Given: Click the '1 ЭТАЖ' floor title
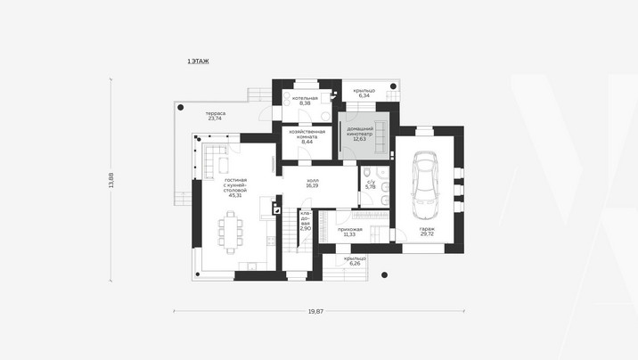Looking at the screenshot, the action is (198, 61).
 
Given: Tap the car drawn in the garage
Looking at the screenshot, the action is (424, 184).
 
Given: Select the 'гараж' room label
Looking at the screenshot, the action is (427, 229).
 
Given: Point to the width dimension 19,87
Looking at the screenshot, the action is (315, 311).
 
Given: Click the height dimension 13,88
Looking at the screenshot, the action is (111, 180).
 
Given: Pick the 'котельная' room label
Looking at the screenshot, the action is (305, 98).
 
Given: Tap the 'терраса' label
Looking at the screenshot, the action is (216, 113).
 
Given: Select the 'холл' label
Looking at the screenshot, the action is (313, 180).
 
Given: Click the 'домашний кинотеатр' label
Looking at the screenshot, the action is (360, 131).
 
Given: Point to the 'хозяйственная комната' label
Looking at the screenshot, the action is (307, 135).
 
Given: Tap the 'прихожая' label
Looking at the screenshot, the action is (350, 229).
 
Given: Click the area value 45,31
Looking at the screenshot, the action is (235, 195).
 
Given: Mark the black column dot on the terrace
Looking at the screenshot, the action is (180, 108).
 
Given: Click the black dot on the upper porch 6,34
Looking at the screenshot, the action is (394, 86).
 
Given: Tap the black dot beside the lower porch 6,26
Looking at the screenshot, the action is (385, 275).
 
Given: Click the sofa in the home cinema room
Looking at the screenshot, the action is (380, 137).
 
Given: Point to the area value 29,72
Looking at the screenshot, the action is (427, 234).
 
